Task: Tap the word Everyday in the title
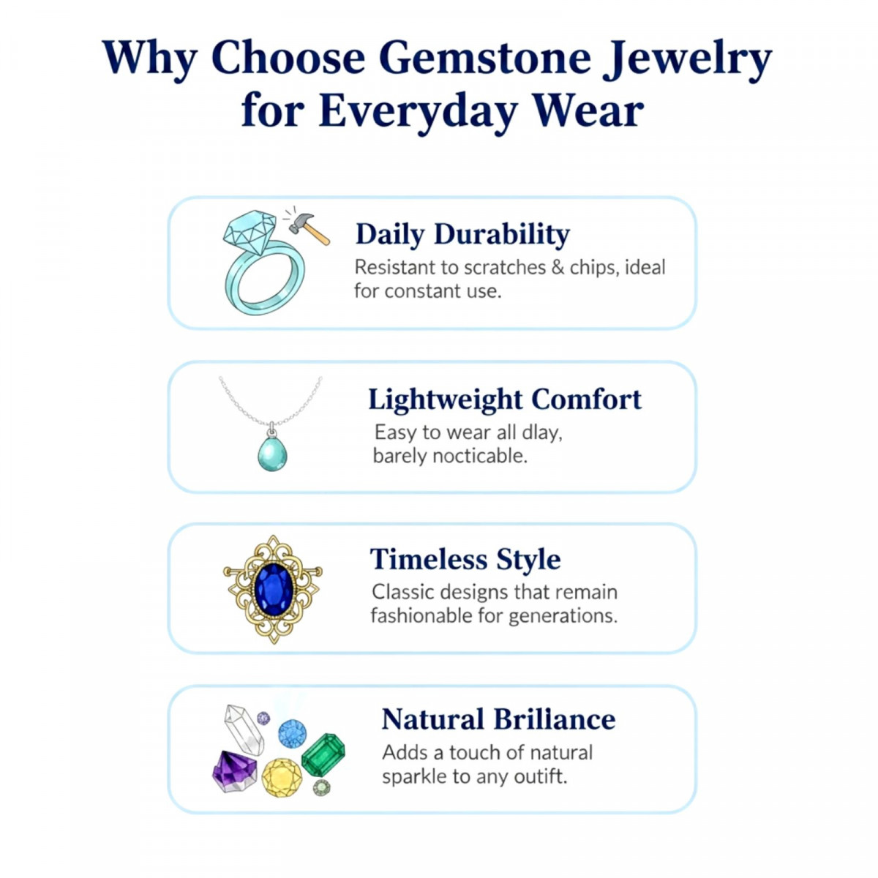(x=418, y=111)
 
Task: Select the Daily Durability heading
(x=462, y=235)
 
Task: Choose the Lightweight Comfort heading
(x=505, y=399)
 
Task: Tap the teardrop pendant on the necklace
(x=272, y=453)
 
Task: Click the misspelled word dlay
(x=541, y=432)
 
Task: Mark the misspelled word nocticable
(x=479, y=456)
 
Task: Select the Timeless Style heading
(x=465, y=560)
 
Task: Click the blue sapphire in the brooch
(x=274, y=589)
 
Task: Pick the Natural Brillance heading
(x=498, y=719)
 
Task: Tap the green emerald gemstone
(x=323, y=755)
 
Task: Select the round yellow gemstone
(x=282, y=777)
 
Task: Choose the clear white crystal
(x=244, y=729)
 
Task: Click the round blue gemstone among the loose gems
(x=292, y=733)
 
